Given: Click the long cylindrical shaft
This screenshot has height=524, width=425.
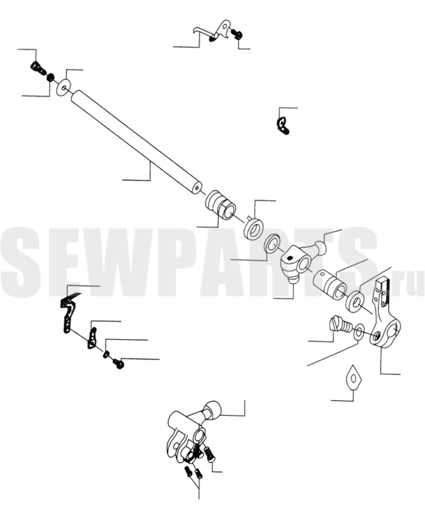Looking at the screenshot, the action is click(136, 142).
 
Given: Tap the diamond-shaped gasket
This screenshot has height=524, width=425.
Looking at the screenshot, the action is click(353, 377).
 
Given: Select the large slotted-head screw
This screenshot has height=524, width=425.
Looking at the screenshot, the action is click(341, 325).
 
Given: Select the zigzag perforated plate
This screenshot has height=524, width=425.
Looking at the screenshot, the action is click(68, 314).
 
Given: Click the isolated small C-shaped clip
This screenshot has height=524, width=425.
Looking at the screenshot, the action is click(283, 125).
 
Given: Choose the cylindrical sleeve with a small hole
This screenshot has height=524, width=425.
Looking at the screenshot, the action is click(330, 283).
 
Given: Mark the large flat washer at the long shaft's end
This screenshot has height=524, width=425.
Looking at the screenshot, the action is click(63, 88).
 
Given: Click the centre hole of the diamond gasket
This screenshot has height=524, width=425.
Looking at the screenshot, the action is click(353, 378).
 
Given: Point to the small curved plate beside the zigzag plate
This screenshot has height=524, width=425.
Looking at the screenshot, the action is click(92, 338).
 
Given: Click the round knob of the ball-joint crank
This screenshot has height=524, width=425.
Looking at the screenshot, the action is click(321, 247).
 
